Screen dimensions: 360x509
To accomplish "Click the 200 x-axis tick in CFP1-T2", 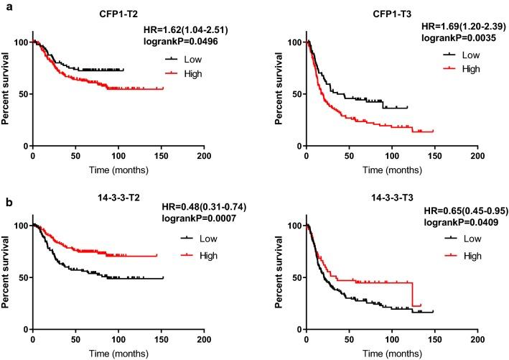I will [x=204, y=155].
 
